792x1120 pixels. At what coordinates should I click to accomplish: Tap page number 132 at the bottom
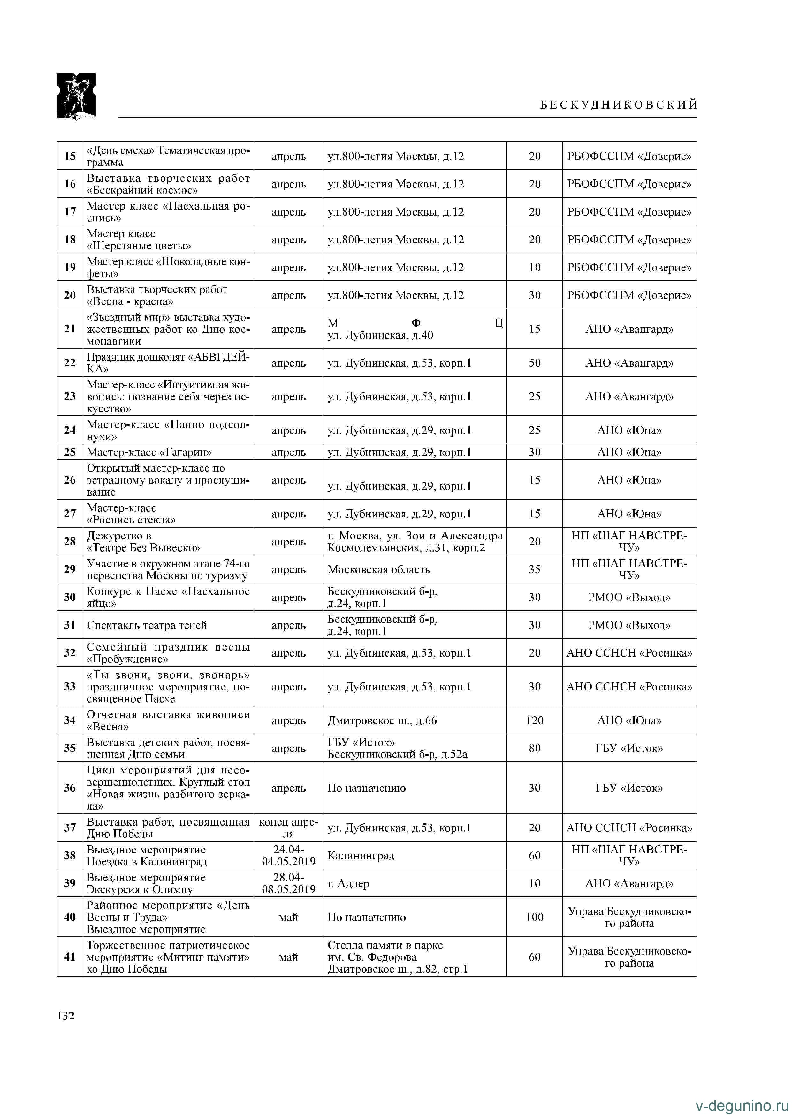(x=66, y=1015)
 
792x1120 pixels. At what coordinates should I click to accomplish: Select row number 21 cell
(x=70, y=329)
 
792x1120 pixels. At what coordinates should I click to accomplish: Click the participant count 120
(x=535, y=720)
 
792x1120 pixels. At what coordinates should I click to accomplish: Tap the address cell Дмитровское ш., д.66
(x=382, y=720)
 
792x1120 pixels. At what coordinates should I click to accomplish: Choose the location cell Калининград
(x=361, y=855)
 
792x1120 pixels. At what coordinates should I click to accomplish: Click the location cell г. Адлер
(x=348, y=883)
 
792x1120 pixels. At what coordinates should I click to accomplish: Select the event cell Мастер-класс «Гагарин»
(x=149, y=452)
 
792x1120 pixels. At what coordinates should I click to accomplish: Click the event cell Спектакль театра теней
(x=147, y=625)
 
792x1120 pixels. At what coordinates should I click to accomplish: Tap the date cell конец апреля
(x=289, y=827)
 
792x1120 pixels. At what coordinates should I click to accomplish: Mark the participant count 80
(x=535, y=748)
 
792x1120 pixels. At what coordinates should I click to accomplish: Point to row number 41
(x=70, y=956)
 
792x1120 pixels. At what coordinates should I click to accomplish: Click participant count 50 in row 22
(x=535, y=362)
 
